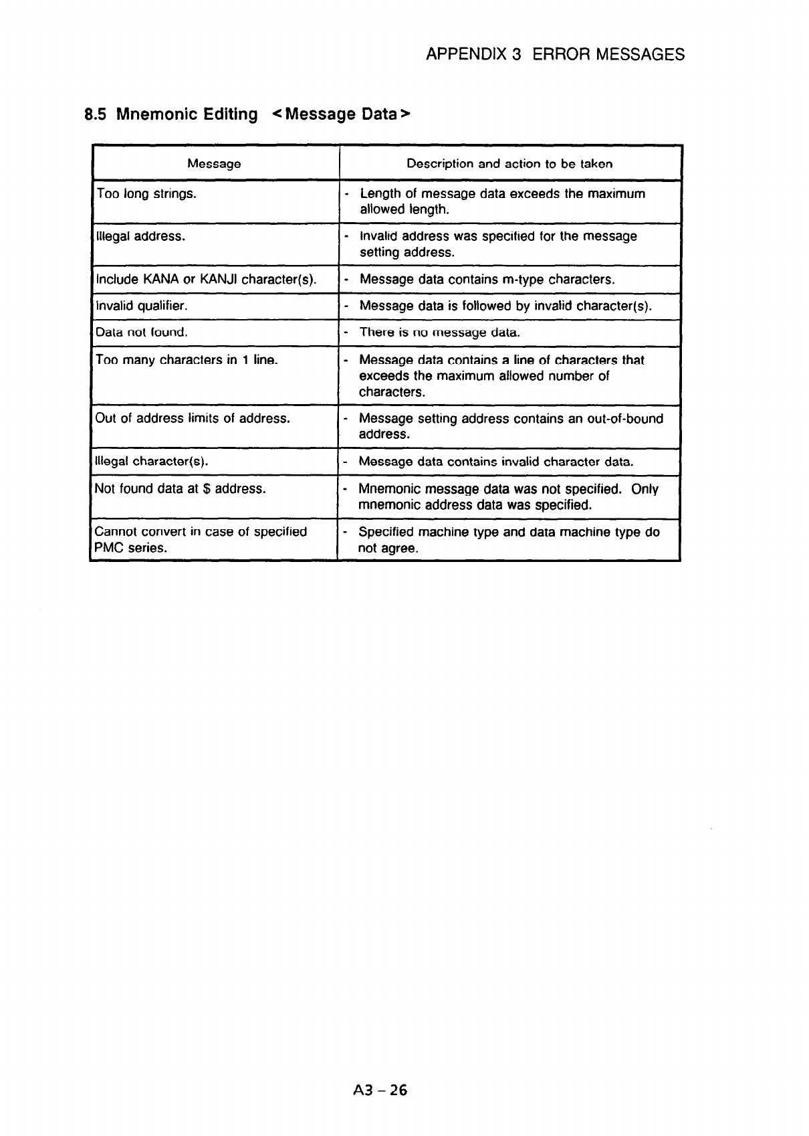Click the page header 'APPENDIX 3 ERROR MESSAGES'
coord(555,54)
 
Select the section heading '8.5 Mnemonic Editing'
coord(171,114)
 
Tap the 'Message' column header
coord(214,163)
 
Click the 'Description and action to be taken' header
coord(509,163)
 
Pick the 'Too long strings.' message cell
coord(146,194)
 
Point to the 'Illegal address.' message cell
coord(140,236)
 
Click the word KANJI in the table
coord(219,279)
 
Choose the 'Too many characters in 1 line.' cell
coord(187,360)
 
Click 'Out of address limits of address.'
coord(193,418)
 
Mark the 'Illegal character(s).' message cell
coord(152,461)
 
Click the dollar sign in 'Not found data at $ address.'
coord(207,488)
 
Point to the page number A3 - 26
coord(378,1091)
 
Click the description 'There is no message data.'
coord(439,332)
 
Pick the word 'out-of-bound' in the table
coord(626,419)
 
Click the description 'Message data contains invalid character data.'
coord(495,461)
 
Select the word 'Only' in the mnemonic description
coord(645,489)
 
